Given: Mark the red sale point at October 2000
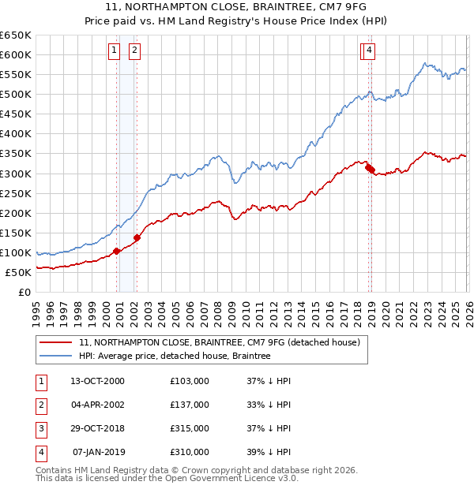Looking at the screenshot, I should tap(117, 251).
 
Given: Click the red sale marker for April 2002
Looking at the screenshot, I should tap(137, 237).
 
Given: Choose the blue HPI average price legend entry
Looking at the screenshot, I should tap(175, 356).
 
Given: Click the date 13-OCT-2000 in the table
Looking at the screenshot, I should tap(97, 381).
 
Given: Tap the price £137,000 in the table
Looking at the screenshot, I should tap(190, 405).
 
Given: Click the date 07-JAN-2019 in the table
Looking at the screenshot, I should tap(99, 452).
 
